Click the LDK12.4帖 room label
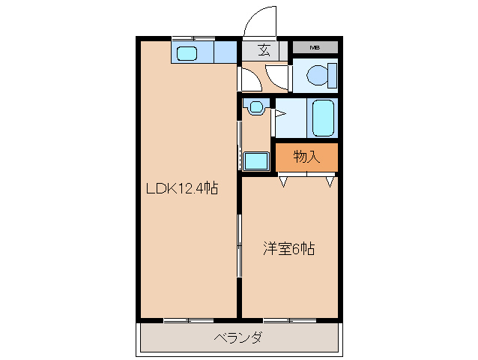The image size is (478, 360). [181, 188]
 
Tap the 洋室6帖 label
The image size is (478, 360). [288, 248]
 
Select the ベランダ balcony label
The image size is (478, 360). [238, 338]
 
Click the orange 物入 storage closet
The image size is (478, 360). [306, 157]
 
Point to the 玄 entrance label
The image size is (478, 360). [264, 50]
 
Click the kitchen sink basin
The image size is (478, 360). [187, 52]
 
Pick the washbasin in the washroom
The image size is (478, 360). [256, 106]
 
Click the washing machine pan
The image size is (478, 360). [256, 160]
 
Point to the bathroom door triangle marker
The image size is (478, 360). [279, 114]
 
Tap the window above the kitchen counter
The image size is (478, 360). [193, 37]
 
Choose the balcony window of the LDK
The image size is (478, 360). [187, 320]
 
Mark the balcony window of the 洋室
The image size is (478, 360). [288, 320]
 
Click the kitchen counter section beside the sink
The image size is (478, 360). [224, 52]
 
